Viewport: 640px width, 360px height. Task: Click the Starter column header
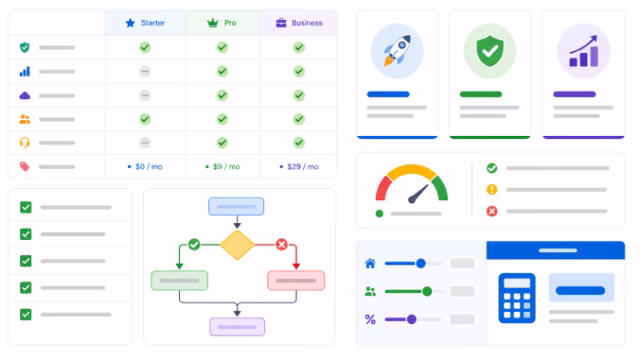click(146, 23)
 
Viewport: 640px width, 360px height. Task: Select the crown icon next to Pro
click(213, 23)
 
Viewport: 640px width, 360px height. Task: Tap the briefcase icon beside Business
click(282, 23)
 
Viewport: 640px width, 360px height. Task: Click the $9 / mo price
click(222, 166)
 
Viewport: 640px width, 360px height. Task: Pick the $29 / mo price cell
click(299, 166)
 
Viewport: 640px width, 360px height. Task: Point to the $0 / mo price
click(146, 166)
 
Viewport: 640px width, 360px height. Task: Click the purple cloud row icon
click(25, 95)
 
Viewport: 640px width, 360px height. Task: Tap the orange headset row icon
click(25, 142)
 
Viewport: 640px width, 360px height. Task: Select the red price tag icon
click(25, 166)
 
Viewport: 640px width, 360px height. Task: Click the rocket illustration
click(397, 50)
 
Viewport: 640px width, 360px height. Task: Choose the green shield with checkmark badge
click(490, 50)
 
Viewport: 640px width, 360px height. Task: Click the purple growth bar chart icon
click(584, 51)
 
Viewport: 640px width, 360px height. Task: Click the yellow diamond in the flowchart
click(237, 245)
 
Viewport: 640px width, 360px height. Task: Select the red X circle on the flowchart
click(282, 245)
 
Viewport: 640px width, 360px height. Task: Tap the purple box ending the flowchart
click(237, 327)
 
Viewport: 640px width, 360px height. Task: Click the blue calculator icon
click(517, 298)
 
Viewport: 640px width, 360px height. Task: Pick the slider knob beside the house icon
click(421, 263)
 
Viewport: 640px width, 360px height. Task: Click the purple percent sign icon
click(370, 319)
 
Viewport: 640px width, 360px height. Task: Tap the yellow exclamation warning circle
click(492, 190)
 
